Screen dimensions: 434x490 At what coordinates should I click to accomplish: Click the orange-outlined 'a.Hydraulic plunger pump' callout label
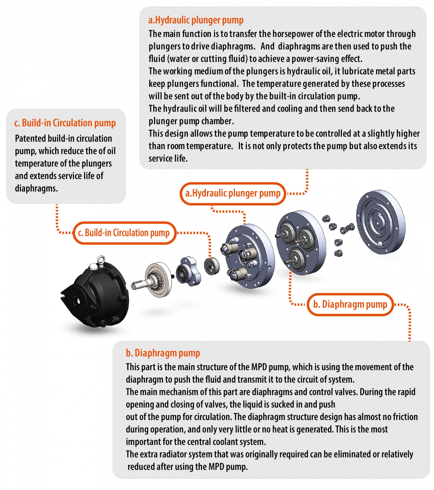click(x=233, y=194)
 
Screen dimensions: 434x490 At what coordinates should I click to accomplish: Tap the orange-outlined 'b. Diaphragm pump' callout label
click(x=350, y=305)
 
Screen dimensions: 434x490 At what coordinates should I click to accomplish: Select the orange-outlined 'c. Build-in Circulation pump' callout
click(x=124, y=233)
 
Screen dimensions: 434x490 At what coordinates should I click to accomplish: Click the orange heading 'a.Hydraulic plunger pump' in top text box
click(x=196, y=20)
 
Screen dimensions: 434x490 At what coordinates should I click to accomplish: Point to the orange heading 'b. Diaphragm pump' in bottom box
click(x=163, y=353)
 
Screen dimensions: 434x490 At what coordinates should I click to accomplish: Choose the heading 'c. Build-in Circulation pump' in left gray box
click(x=65, y=123)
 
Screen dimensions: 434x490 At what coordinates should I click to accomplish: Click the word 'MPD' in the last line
click(x=216, y=467)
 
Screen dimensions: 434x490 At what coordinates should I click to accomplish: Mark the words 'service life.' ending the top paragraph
click(x=168, y=159)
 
